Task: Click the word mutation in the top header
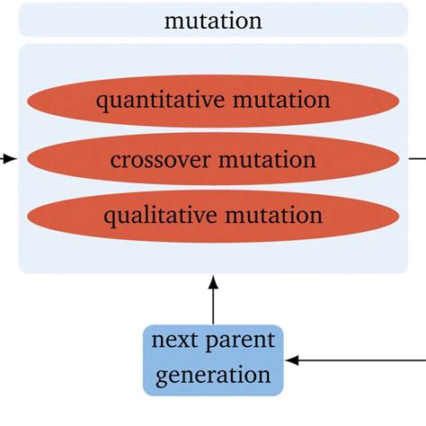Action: (x=213, y=20)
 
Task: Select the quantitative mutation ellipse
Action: (x=213, y=99)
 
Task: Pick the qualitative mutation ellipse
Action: (x=213, y=217)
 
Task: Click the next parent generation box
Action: (x=213, y=359)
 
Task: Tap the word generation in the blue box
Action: (x=213, y=374)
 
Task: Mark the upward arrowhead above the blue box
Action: (x=213, y=284)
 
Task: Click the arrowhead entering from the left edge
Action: (x=10, y=159)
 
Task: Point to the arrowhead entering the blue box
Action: (x=292, y=360)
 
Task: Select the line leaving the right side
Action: (x=417, y=159)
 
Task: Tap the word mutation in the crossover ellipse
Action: (x=267, y=160)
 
